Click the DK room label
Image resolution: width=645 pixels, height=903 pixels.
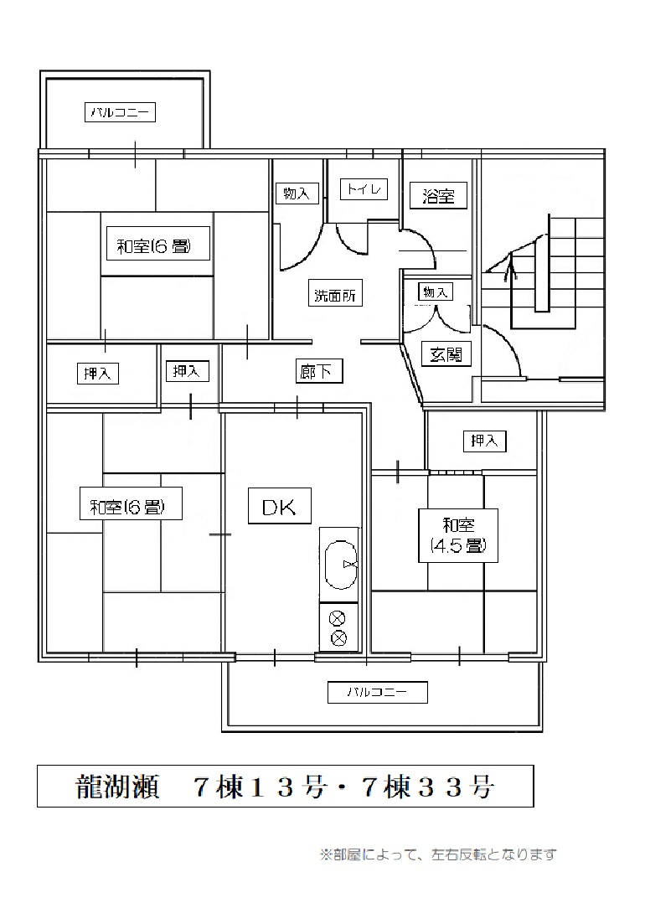coord(279,506)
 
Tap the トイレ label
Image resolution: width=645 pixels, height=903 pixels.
coord(364,188)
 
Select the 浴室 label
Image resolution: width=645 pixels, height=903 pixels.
coord(438,195)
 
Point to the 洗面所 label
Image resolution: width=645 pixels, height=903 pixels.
coord(334,296)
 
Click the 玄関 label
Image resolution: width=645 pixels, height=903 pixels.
coord(446,354)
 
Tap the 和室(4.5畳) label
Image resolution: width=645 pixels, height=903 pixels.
coord(458,535)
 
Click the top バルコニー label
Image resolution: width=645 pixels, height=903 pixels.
coord(121,111)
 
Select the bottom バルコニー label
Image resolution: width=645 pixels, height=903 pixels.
coord(377,692)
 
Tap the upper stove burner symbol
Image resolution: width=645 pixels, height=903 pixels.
coord(338,619)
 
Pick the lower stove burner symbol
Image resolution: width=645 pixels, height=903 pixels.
coord(338,637)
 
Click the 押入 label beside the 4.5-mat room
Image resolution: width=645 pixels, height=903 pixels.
coord(484,441)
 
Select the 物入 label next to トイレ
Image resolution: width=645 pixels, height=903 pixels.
coord(297,193)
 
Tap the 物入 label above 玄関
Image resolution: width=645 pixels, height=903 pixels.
coord(436,292)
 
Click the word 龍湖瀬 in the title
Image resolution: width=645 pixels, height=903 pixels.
coord(117,786)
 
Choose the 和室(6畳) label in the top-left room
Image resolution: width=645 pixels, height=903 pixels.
coord(154,246)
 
